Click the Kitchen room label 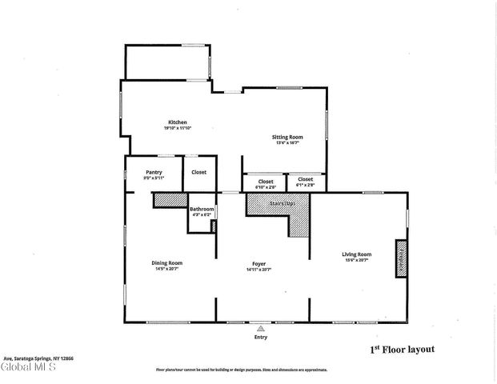pyautogui.click(x=177, y=122)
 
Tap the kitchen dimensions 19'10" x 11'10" pyautogui.click(x=177, y=128)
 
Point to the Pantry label pyautogui.click(x=154, y=172)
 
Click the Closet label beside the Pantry pyautogui.click(x=198, y=172)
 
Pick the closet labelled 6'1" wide pyautogui.click(x=305, y=182)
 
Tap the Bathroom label pyautogui.click(x=202, y=210)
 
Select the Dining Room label pyautogui.click(x=168, y=263)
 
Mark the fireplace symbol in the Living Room pyautogui.click(x=401, y=258)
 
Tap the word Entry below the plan pyautogui.click(x=260, y=337)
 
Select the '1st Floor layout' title pyautogui.click(x=402, y=350)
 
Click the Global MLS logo pyautogui.click(x=29, y=368)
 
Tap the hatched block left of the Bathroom pyautogui.click(x=170, y=200)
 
